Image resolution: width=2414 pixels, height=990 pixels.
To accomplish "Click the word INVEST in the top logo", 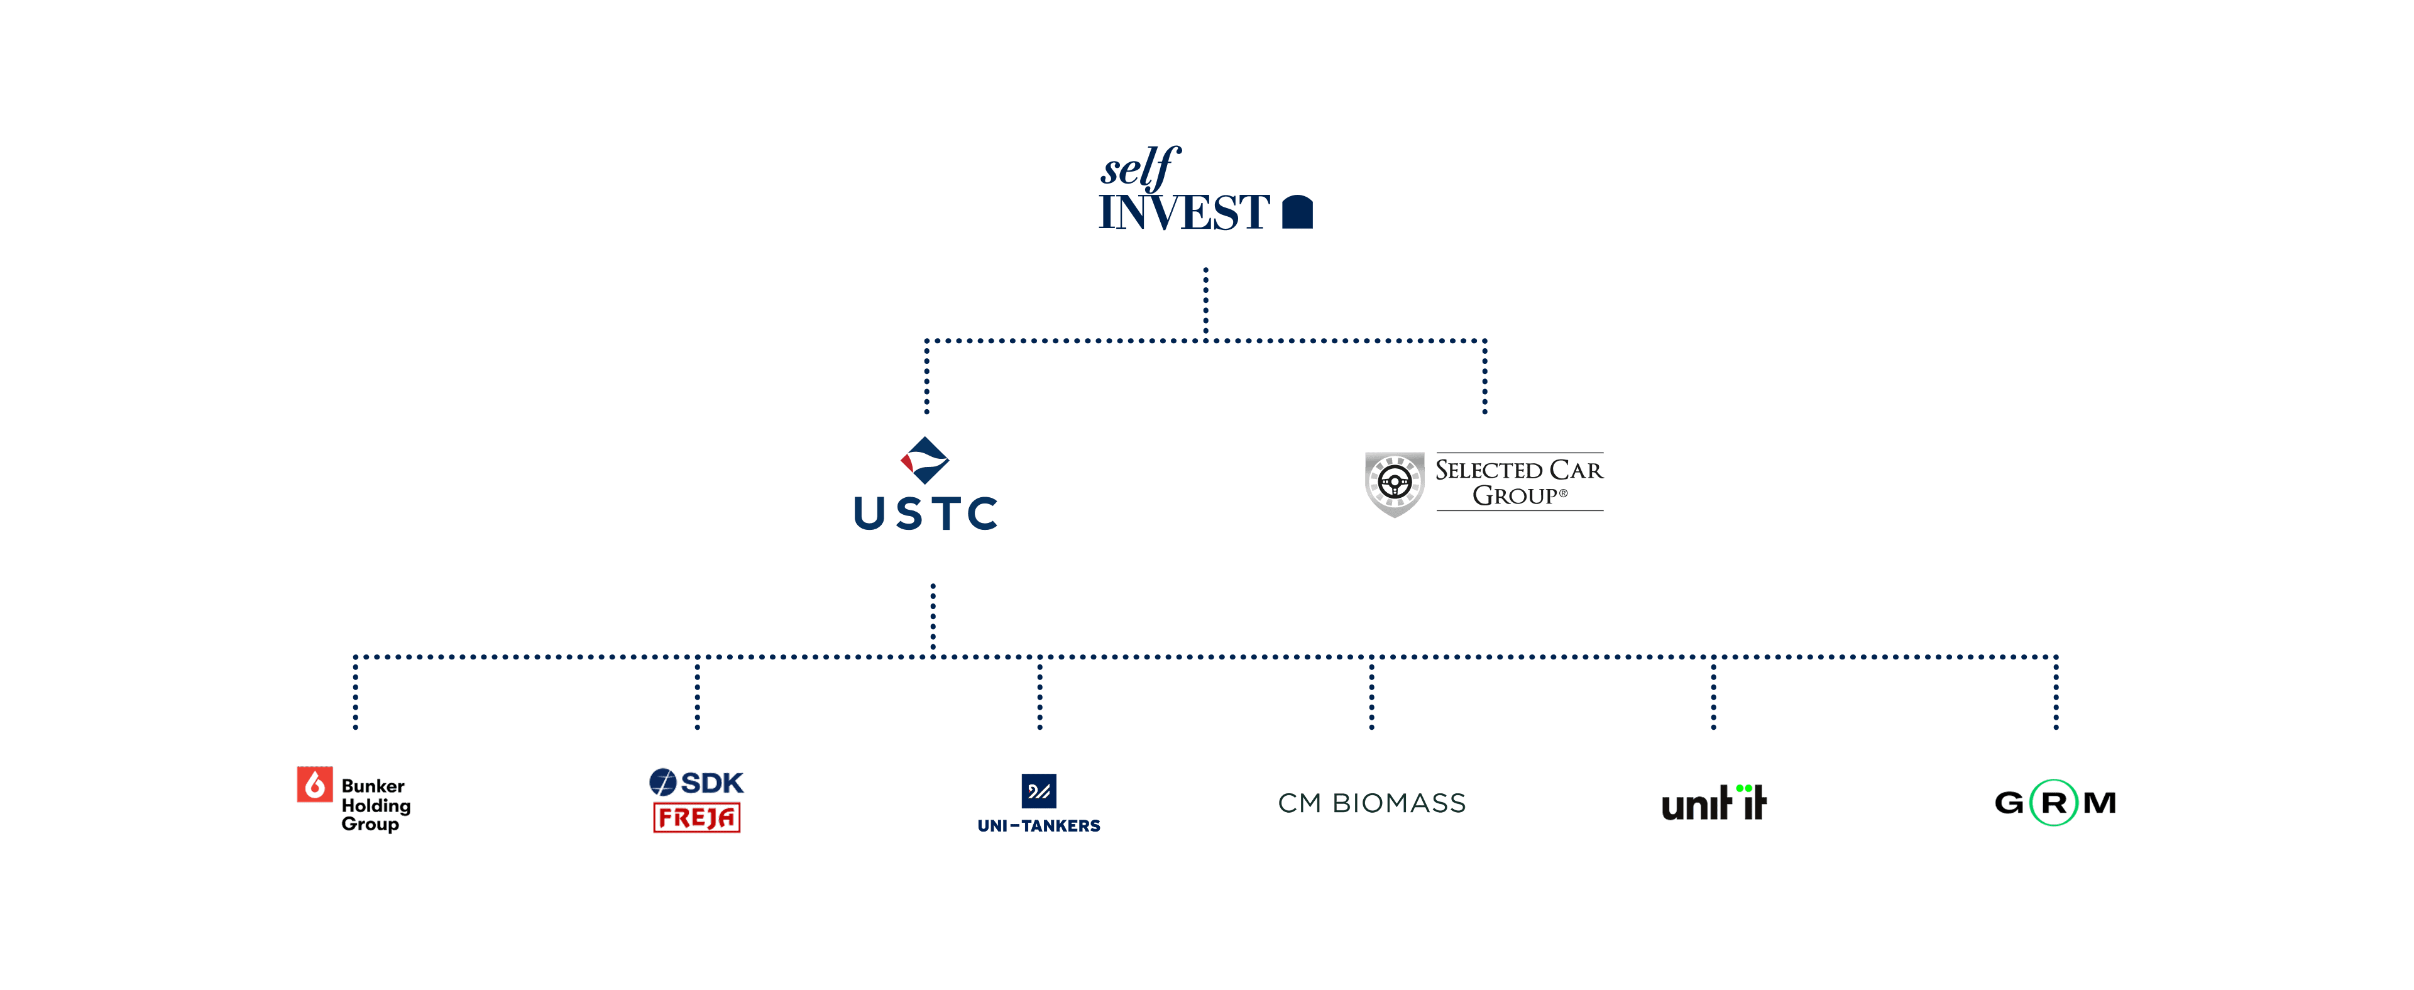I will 1183,213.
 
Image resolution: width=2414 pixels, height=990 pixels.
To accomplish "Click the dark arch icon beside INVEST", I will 1297,212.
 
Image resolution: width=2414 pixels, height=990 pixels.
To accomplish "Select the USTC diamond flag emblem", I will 925,460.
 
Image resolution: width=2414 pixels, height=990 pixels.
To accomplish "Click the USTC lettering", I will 926,514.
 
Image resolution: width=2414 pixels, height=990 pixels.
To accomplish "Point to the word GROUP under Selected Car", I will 1515,496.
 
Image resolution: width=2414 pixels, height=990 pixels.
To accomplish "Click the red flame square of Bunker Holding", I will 315,784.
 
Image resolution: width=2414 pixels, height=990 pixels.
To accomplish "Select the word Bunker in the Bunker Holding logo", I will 373,786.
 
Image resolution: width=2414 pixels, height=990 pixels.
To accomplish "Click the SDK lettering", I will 712,782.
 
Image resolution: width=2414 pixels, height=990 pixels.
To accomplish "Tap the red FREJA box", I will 696,818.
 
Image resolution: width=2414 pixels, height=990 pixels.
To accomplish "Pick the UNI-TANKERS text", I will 1038,826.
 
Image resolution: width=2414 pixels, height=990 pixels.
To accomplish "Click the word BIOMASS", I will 1398,803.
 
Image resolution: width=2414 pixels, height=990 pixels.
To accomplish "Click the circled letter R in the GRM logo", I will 2053,803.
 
